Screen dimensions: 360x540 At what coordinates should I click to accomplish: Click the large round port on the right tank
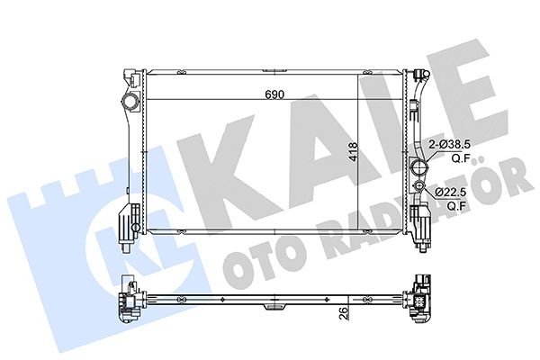pyautogui.click(x=417, y=168)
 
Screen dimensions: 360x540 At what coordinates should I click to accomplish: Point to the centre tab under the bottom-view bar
pyautogui.click(x=274, y=308)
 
